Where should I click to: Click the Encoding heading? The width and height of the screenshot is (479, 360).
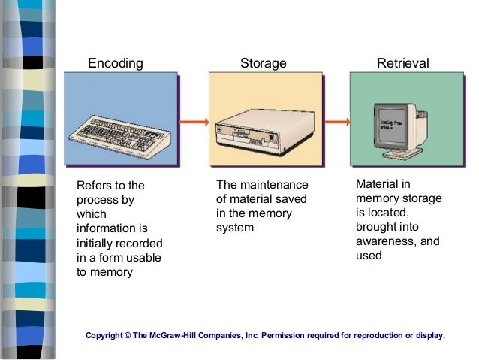point(115,64)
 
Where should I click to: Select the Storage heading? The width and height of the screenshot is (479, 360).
point(263,64)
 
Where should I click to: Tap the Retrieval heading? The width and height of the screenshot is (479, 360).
point(403,64)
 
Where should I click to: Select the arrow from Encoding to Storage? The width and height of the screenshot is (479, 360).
point(194,121)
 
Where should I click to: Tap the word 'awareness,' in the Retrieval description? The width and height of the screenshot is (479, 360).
point(397,241)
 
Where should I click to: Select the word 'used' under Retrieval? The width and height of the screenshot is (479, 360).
point(369,256)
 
